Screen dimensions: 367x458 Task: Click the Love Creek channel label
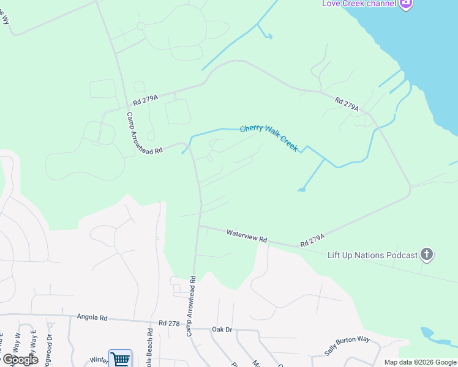coord(359,4)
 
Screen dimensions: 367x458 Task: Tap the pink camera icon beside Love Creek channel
coord(405,4)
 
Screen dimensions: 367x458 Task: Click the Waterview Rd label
coord(247,236)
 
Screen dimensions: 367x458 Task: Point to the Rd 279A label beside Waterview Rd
coord(312,240)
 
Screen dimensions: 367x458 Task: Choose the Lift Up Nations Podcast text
coord(372,254)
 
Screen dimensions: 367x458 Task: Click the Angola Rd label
coord(92,317)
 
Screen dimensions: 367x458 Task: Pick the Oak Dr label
coord(222,329)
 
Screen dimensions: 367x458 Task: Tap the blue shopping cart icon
coord(120,359)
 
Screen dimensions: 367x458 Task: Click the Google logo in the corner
coord(20,360)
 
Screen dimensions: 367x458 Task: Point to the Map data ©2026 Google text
coord(420,362)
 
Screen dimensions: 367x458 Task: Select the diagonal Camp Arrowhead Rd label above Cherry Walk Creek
coord(144,133)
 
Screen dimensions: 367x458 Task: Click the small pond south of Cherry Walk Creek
coord(301,190)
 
